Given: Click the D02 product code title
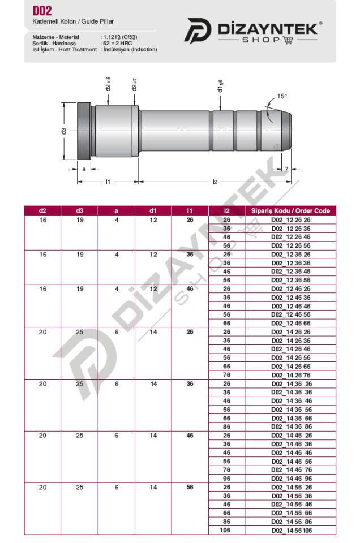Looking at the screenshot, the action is click(x=42, y=11).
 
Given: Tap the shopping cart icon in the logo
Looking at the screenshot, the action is click(x=288, y=40).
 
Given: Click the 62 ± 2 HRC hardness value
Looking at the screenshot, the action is click(x=118, y=44).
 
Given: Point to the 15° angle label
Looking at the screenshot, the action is click(x=282, y=96).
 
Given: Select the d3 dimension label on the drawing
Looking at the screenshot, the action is click(x=63, y=131).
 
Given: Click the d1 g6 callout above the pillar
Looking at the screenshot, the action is click(x=220, y=86).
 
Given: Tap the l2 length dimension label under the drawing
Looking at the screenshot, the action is click(x=215, y=182).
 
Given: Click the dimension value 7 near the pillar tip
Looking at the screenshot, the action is click(x=286, y=169).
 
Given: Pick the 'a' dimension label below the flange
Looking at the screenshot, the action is click(x=84, y=169).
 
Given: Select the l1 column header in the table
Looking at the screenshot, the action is click(x=190, y=210).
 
